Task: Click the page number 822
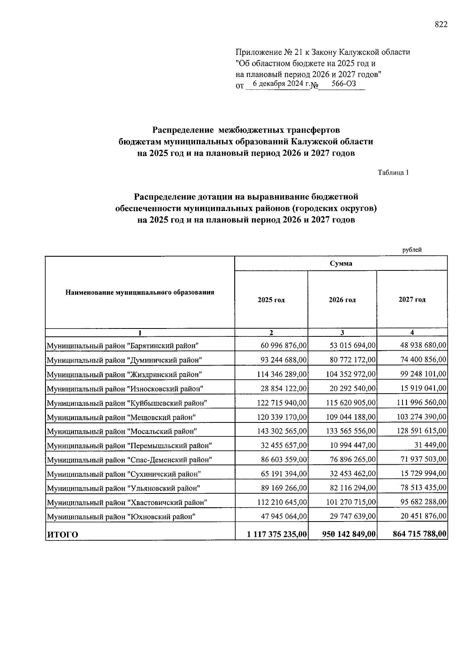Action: click(x=441, y=25)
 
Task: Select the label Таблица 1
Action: click(x=393, y=173)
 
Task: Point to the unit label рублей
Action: click(x=412, y=250)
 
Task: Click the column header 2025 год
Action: click(x=271, y=300)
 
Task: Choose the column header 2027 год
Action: click(x=412, y=300)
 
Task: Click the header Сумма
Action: click(x=341, y=263)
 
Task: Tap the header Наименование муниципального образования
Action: click(x=140, y=293)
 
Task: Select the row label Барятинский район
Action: click(x=122, y=346)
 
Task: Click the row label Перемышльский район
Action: click(x=130, y=446)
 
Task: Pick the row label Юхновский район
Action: click(x=121, y=517)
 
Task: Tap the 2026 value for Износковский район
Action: click(x=352, y=388)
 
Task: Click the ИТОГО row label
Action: click(x=62, y=535)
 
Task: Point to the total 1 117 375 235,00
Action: click(x=277, y=535)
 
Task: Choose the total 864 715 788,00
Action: click(x=419, y=534)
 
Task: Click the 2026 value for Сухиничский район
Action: click(x=352, y=474)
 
